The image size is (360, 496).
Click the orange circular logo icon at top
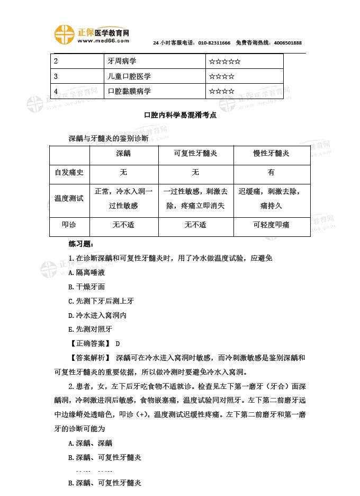tap(64, 34)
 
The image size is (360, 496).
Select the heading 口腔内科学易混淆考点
tap(179, 114)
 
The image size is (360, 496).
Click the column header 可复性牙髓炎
tap(195, 153)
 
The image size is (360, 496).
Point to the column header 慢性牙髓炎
tap(271, 153)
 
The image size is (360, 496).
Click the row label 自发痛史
tap(69, 172)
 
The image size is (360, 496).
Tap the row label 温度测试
tap(69, 199)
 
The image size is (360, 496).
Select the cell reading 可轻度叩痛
tap(271, 225)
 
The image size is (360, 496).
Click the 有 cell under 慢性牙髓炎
tap(271, 172)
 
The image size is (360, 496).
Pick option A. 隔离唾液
tap(87, 272)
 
